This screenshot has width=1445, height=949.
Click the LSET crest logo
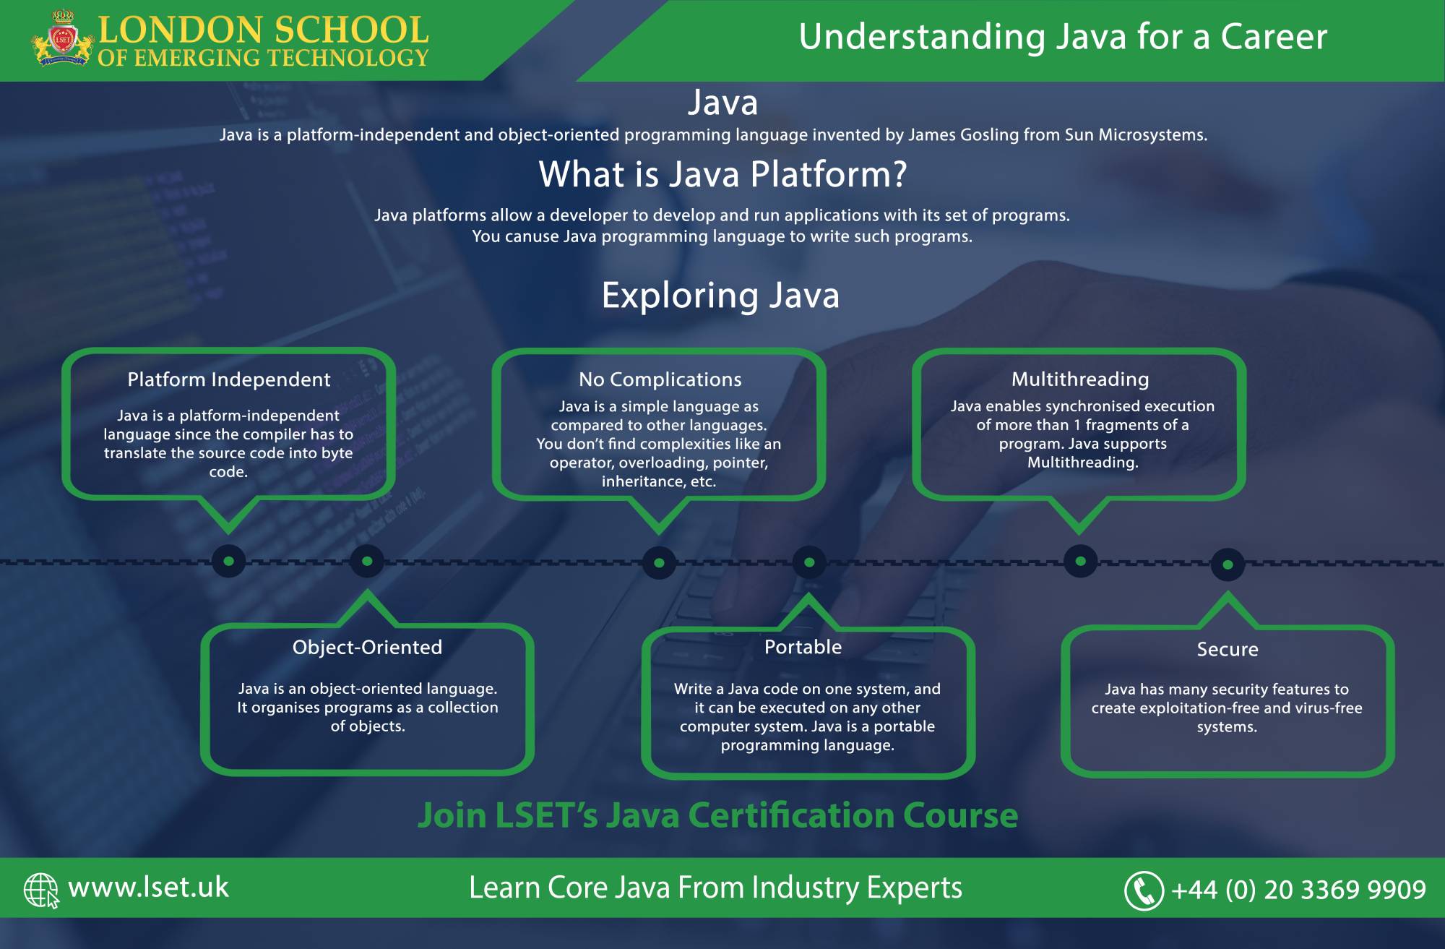pyautogui.click(x=63, y=38)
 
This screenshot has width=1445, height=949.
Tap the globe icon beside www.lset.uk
pyautogui.click(x=41, y=890)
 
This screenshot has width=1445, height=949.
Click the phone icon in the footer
pyautogui.click(x=1144, y=890)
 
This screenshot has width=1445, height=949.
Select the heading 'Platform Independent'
pyautogui.click(x=229, y=379)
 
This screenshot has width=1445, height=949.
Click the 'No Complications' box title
pyautogui.click(x=660, y=379)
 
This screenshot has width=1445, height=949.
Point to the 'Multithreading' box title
pyautogui.click(x=1080, y=379)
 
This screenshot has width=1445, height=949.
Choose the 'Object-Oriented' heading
pyautogui.click(x=367, y=647)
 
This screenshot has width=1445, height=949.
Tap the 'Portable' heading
pyautogui.click(x=803, y=647)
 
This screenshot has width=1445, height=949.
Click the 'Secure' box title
pyautogui.click(x=1228, y=649)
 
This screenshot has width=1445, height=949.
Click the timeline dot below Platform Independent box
pyautogui.click(x=229, y=561)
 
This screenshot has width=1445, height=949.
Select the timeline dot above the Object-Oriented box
pyautogui.click(x=367, y=561)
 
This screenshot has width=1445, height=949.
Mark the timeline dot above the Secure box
pyautogui.click(x=1228, y=564)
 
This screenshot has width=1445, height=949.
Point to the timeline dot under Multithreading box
pyautogui.click(x=1080, y=561)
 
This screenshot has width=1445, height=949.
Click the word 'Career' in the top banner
pyautogui.click(x=1274, y=37)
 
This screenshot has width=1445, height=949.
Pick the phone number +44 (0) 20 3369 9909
pyautogui.click(x=1298, y=890)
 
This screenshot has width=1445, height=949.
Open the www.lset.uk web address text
pyautogui.click(x=148, y=888)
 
